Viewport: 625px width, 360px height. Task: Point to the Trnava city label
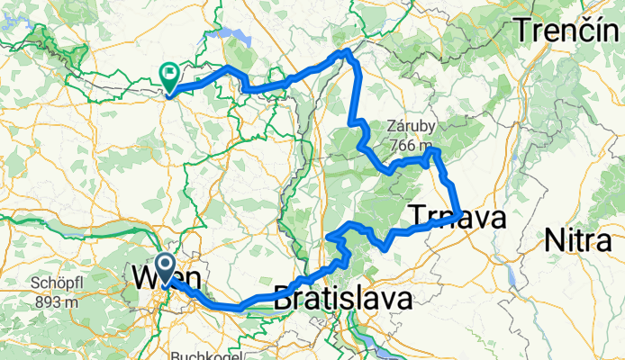pyautogui.click(x=457, y=217)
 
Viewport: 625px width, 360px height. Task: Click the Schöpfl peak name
pyautogui.click(x=57, y=283)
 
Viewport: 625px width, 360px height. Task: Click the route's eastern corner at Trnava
pyautogui.click(x=461, y=214)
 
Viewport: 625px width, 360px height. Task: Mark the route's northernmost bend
pyautogui.click(x=345, y=53)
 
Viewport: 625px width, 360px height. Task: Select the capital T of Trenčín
pyautogui.click(x=522, y=31)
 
